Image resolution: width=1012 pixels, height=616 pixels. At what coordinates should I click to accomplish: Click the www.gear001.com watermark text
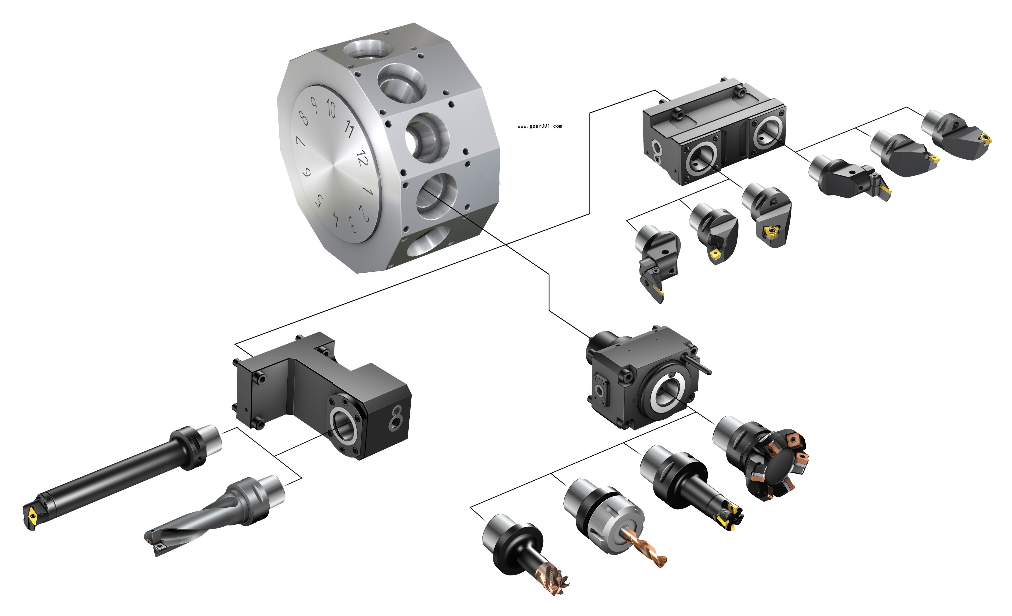coord(540,126)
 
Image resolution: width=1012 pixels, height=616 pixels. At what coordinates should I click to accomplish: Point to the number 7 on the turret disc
coord(300,142)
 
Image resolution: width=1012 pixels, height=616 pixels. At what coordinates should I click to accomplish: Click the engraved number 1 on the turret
coord(368,191)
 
